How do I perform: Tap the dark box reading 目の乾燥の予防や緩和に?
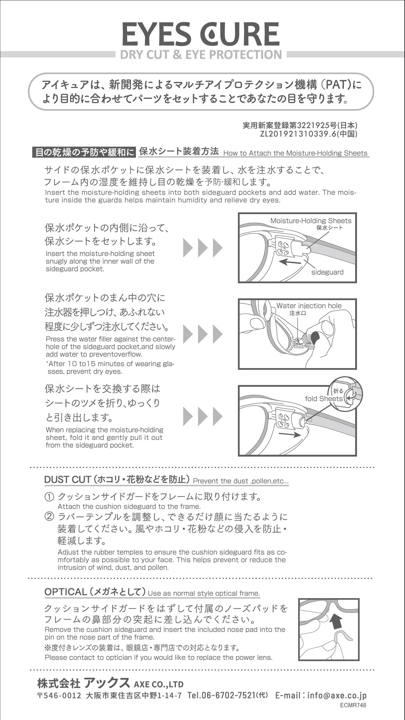coord(84,152)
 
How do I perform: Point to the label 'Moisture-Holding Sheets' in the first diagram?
coord(311,221)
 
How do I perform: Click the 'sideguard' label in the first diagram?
coord(327,272)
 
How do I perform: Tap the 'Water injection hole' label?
coord(309,306)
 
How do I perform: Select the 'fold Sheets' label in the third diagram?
coord(324,399)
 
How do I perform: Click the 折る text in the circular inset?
coord(338,391)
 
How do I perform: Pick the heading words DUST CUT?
coord(68,479)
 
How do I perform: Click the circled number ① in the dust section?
coord(49,497)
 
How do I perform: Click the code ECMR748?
coord(353,705)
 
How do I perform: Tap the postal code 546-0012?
coord(63,695)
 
